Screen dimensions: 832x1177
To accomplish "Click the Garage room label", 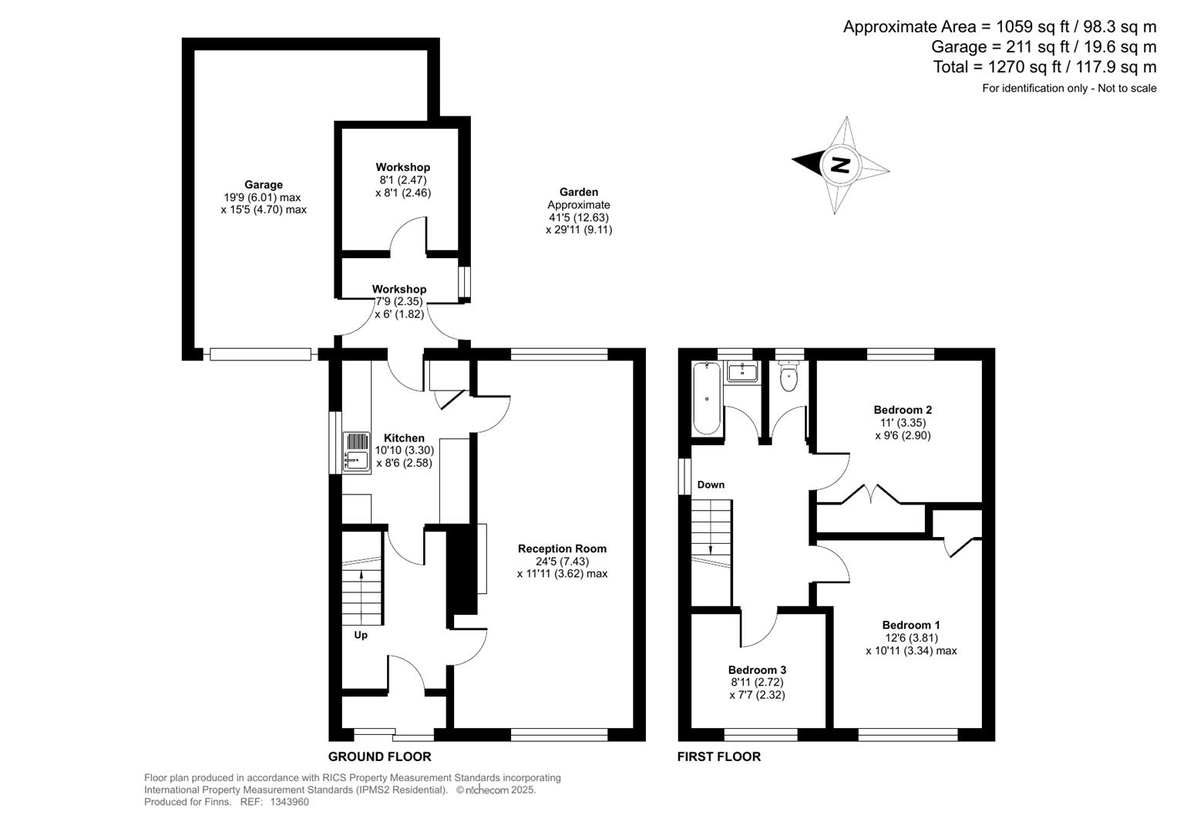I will (x=264, y=185).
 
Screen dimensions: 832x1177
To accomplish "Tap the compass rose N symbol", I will (x=839, y=165).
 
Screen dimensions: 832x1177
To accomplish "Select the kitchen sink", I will (x=356, y=451).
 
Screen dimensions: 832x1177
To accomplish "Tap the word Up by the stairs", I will (x=361, y=636).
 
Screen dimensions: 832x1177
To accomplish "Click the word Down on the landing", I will (x=711, y=485).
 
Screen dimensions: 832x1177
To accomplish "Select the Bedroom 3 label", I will (x=757, y=670).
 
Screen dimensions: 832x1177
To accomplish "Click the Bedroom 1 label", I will (x=911, y=625).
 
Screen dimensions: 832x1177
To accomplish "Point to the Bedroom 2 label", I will (x=903, y=410).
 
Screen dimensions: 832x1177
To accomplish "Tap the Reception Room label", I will (x=562, y=549).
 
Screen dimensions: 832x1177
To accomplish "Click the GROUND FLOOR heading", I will (x=379, y=757).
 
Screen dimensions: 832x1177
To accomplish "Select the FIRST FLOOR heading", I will (x=718, y=757).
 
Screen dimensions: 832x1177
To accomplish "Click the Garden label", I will (x=579, y=192).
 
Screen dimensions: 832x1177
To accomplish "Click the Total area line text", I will (x=1044, y=67).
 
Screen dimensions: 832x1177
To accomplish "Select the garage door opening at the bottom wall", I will (x=261, y=354).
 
